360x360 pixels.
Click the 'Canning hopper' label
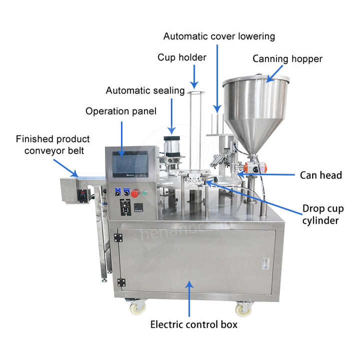(x=287, y=59)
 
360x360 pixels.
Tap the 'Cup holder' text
(x=182, y=57)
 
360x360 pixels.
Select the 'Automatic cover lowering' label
(x=219, y=36)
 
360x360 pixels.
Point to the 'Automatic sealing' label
(x=145, y=90)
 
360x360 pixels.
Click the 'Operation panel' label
(x=121, y=111)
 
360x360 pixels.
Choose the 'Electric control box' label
(x=194, y=324)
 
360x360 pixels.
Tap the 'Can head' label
(x=320, y=175)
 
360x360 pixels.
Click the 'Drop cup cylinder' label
(x=323, y=214)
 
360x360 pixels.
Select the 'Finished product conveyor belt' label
(x=53, y=145)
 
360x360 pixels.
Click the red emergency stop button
(x=135, y=193)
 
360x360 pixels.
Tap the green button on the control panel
(x=144, y=192)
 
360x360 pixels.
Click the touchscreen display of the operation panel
(x=130, y=164)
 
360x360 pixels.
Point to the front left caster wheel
(x=137, y=306)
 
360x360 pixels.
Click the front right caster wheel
(x=243, y=309)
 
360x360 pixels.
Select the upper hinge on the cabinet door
(x=118, y=238)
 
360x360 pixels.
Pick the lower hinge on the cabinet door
(x=121, y=282)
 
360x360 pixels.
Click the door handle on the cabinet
(x=265, y=264)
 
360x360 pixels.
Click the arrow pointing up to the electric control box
(x=189, y=299)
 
